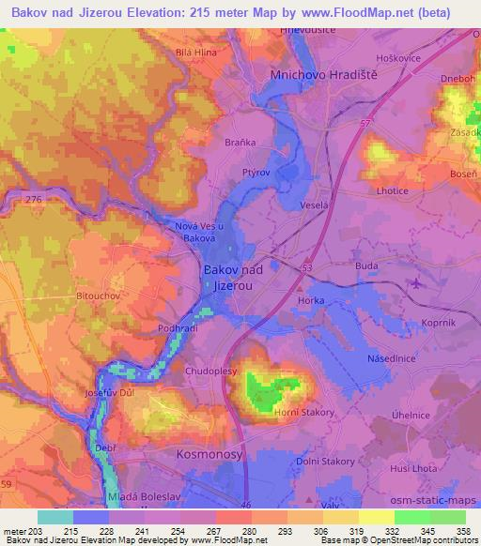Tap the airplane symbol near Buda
[x=416, y=281]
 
